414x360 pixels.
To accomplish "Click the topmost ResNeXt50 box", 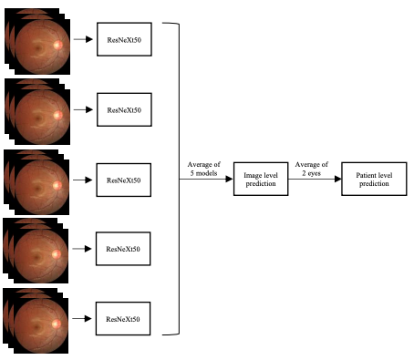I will click(124, 41).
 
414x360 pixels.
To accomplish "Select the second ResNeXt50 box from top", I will click(124, 109).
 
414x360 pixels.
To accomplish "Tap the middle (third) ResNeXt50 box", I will click(124, 180).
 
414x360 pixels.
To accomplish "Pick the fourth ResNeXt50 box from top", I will click(124, 248).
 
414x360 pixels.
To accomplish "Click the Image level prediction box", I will click(260, 180).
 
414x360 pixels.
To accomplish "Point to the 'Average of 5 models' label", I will click(202, 167).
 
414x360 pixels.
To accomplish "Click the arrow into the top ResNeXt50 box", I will click(84, 41).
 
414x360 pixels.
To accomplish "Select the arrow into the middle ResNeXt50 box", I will click(84, 180).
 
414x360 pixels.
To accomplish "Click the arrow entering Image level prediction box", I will click(219, 180).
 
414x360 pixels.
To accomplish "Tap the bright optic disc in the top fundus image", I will click(59, 46).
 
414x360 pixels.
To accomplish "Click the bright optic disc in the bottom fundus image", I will click(59, 322).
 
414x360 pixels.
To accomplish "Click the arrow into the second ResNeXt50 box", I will click(84, 109).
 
